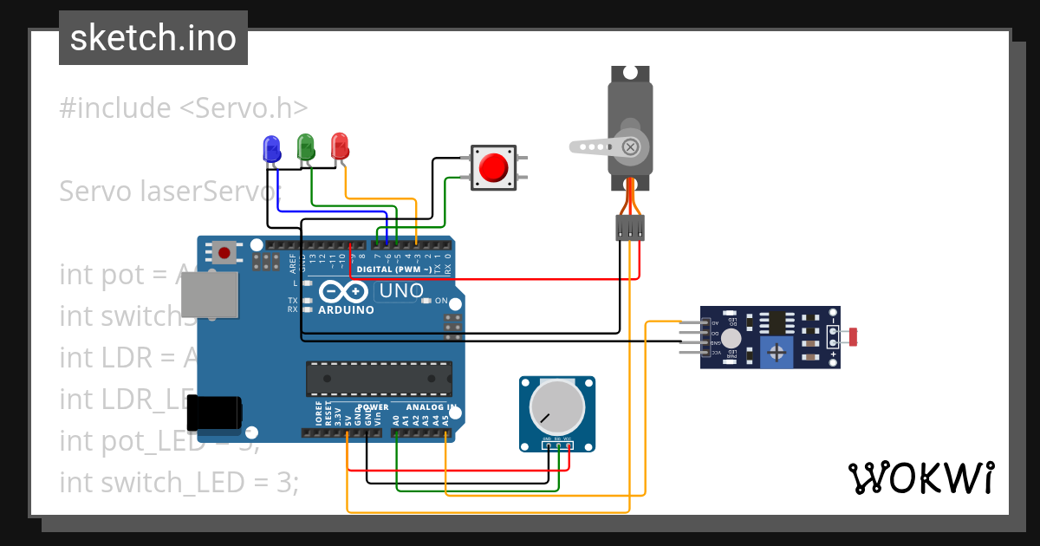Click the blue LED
pyautogui.click(x=271, y=147)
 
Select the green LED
pyautogui.click(x=305, y=145)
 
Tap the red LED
pyautogui.click(x=340, y=145)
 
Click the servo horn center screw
pyautogui.click(x=630, y=146)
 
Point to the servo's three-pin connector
pyautogui.click(x=630, y=228)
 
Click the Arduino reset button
pyautogui.click(x=224, y=253)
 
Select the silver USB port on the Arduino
pyautogui.click(x=208, y=296)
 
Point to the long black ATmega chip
pyautogui.click(x=379, y=379)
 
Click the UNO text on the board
pyautogui.click(x=401, y=291)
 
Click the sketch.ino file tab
pyautogui.click(x=153, y=38)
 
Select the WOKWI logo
pyautogui.click(x=920, y=478)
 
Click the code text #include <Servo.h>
pyautogui.click(x=184, y=108)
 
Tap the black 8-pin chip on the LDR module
pyautogui.click(x=777, y=322)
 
